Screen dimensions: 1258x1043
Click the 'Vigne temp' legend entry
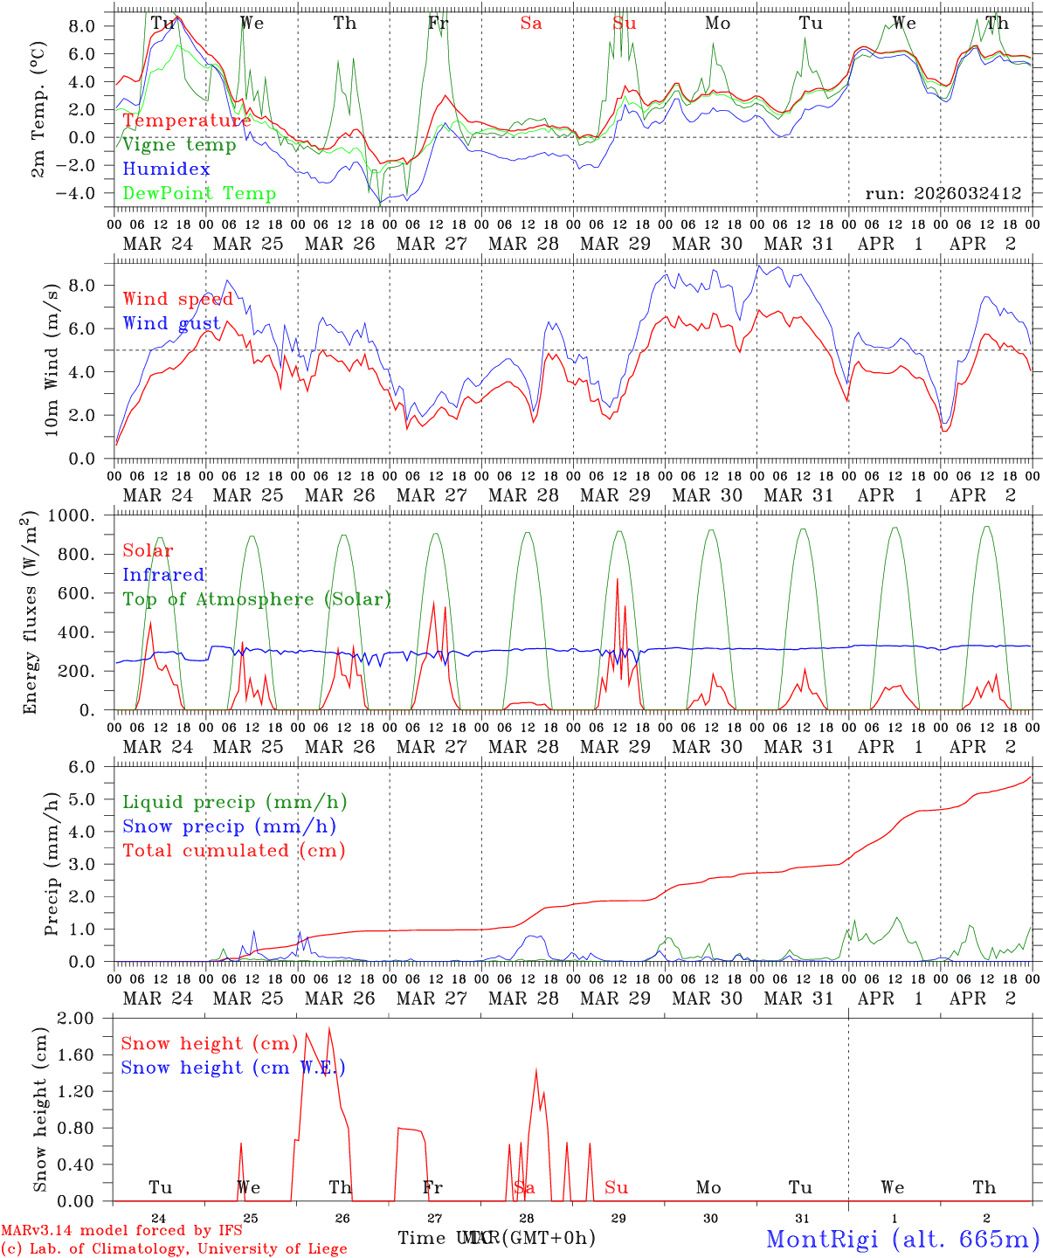(x=179, y=145)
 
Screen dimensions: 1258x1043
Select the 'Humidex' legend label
(x=166, y=169)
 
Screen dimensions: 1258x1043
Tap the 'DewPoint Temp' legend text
(x=199, y=194)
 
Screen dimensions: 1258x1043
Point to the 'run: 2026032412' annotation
(x=943, y=194)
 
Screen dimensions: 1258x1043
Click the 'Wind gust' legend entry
(x=171, y=324)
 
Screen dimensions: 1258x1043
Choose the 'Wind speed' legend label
(x=178, y=300)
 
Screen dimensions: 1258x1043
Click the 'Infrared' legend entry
(x=163, y=575)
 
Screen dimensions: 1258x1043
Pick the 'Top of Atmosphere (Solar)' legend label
(x=257, y=599)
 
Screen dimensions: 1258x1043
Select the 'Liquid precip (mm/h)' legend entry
(x=235, y=802)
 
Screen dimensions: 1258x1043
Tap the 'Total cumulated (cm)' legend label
(x=234, y=851)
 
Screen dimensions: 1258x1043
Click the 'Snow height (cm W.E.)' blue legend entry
(x=233, y=1068)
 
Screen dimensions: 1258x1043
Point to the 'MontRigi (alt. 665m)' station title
(x=902, y=1239)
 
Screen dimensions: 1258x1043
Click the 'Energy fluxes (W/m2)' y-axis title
(x=31, y=612)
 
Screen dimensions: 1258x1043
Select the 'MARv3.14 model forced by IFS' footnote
(x=121, y=1231)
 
